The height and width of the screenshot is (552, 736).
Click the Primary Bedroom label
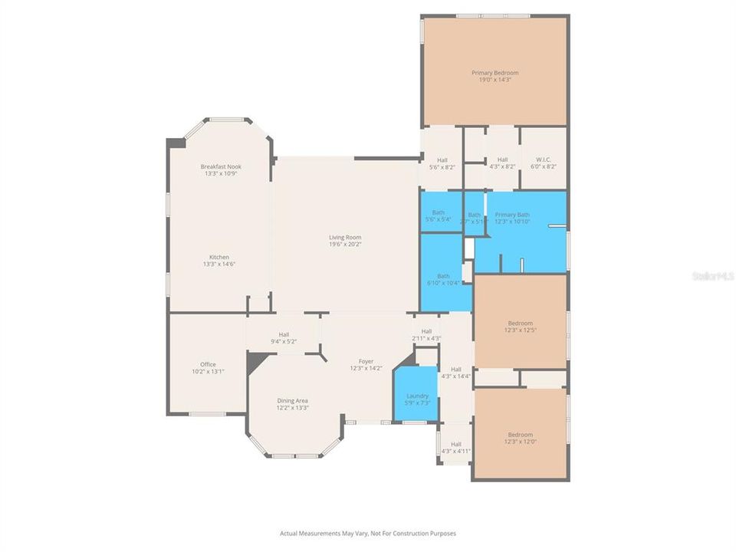(x=495, y=73)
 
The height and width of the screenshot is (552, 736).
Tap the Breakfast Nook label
(x=221, y=166)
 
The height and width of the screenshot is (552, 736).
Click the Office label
(x=208, y=364)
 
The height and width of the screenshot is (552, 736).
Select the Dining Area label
(x=292, y=400)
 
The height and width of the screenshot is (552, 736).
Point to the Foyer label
(x=366, y=361)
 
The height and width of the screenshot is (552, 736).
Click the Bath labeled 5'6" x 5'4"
(x=439, y=212)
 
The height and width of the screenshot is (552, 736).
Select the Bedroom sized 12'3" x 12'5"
(x=520, y=324)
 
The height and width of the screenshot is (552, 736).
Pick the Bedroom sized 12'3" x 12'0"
(x=520, y=434)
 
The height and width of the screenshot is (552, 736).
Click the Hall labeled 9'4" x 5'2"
(x=284, y=334)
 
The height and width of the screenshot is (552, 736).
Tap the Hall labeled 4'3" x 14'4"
(x=455, y=373)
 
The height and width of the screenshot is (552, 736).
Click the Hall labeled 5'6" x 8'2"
(x=442, y=160)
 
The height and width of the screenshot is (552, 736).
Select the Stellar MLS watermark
(x=712, y=274)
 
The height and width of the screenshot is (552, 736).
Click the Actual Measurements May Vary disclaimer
(x=368, y=532)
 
